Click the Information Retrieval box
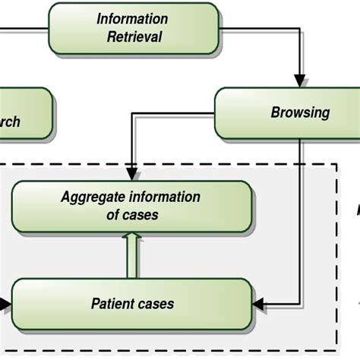tap(132, 28)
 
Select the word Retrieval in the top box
tap(134, 36)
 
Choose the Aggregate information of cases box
tap(131, 206)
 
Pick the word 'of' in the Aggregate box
tap(112, 215)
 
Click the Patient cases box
tap(131, 304)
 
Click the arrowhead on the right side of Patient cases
tap(257, 304)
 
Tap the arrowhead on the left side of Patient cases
tap(6, 304)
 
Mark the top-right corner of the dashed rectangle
tap(336, 164)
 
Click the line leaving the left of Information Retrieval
tap(23, 30)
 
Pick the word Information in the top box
tap(132, 19)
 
